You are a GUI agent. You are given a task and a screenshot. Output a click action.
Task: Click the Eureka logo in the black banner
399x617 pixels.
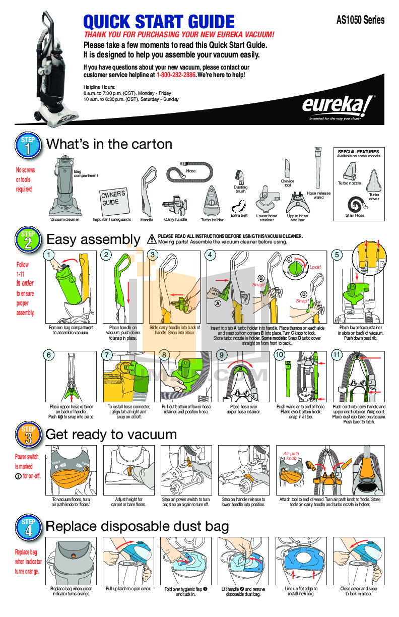click(338, 106)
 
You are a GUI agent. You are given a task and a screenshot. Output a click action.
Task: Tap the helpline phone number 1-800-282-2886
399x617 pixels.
click(176, 75)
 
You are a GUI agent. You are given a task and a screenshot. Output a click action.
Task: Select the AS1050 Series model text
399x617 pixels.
click(360, 20)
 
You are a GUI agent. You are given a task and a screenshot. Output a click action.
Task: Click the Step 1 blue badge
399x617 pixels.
click(28, 145)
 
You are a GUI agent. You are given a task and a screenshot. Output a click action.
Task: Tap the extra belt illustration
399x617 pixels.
click(239, 206)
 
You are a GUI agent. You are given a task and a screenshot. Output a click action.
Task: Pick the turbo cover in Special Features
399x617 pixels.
click(373, 180)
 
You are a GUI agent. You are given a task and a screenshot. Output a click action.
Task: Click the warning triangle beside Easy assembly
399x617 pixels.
click(151, 239)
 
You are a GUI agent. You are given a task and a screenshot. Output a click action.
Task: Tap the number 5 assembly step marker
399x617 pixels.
click(337, 255)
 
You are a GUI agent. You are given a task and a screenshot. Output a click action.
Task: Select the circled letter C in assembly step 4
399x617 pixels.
click(289, 259)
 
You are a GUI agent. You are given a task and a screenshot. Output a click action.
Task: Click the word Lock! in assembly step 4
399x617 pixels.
click(315, 267)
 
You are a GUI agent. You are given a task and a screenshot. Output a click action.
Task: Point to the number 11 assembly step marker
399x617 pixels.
click(337, 355)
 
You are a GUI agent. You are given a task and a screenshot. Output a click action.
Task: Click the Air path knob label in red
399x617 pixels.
click(291, 456)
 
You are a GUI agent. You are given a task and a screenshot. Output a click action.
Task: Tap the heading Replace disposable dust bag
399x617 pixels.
click(137, 527)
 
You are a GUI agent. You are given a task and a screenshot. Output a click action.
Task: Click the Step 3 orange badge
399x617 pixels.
click(28, 436)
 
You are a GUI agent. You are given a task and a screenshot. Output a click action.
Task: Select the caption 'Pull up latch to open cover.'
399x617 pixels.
click(128, 589)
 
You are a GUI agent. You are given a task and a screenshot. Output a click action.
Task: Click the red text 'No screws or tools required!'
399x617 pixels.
click(25, 179)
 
